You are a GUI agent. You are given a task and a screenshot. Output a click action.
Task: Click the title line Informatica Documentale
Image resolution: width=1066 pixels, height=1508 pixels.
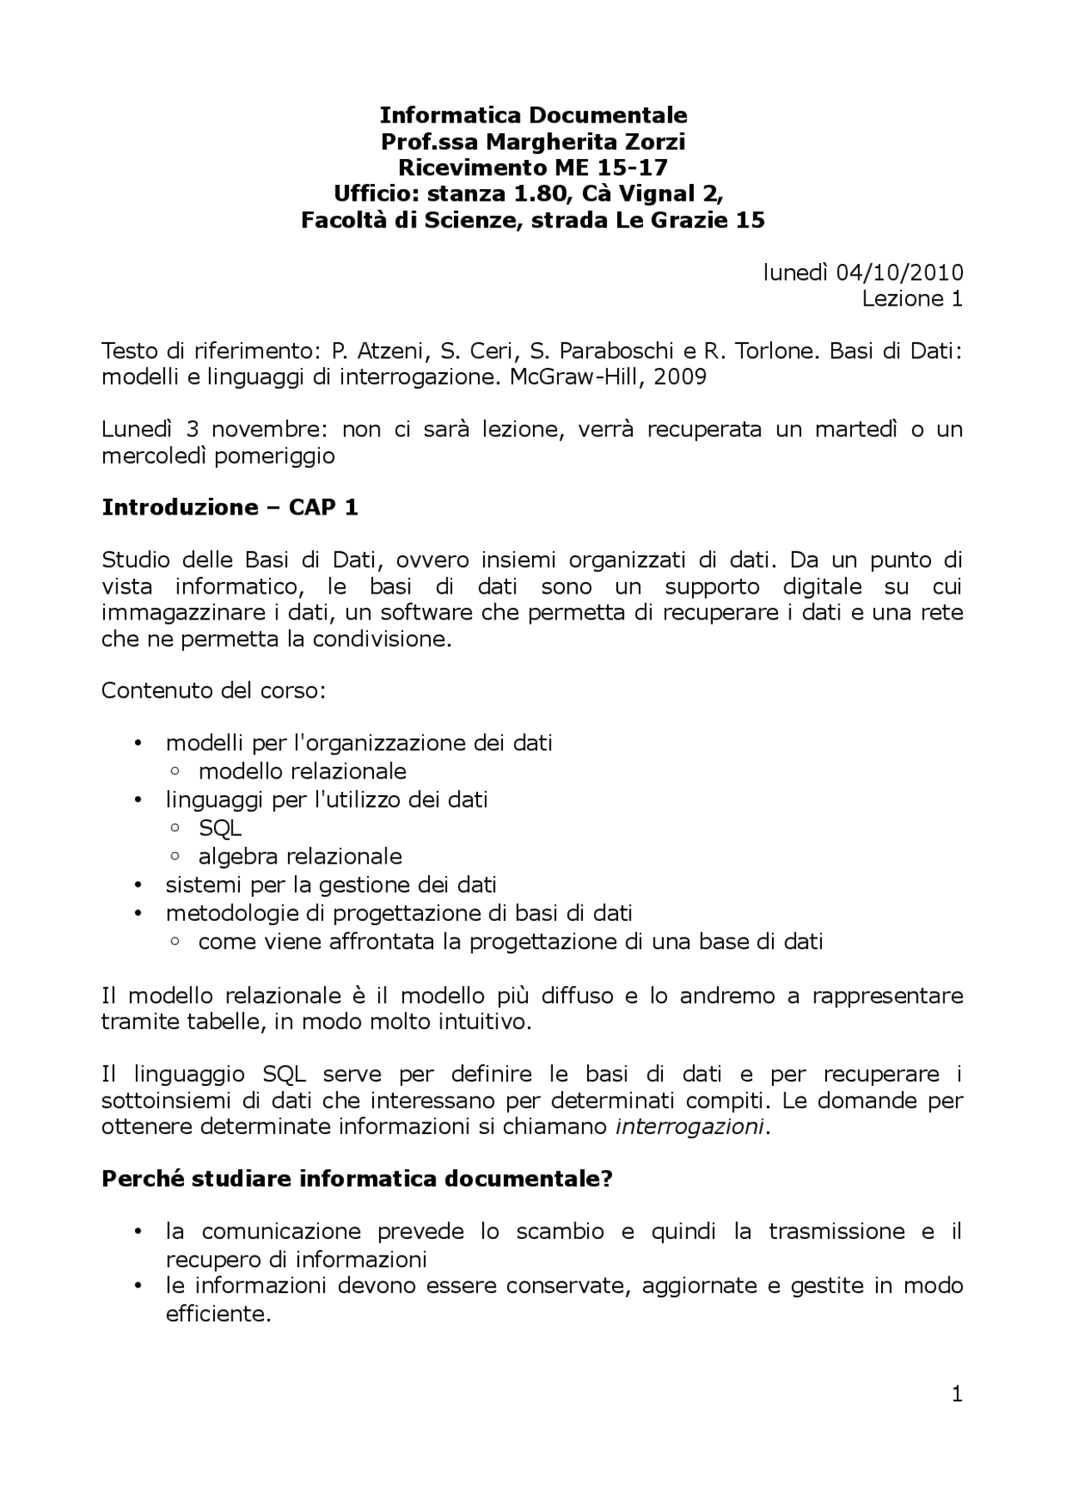click(533, 114)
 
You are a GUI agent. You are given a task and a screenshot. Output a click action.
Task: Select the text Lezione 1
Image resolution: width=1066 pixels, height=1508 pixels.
click(912, 299)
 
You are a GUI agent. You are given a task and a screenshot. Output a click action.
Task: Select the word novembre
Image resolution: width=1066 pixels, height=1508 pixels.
click(265, 429)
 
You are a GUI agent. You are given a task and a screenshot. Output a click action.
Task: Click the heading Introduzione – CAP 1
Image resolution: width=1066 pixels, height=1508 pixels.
click(230, 507)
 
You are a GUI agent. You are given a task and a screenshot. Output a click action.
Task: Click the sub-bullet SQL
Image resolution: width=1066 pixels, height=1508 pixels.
click(220, 828)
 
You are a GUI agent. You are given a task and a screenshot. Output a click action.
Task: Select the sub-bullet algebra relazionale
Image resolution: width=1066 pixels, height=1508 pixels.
click(300, 856)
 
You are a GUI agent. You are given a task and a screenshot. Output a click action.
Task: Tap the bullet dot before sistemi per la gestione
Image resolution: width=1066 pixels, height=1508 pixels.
click(138, 885)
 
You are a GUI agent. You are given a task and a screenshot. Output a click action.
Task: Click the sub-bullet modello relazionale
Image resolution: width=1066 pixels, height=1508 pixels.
click(302, 771)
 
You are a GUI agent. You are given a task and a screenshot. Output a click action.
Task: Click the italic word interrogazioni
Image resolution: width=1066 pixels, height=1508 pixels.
click(689, 1127)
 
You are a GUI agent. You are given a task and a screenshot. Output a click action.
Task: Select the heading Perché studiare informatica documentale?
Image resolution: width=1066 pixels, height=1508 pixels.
click(356, 1179)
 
